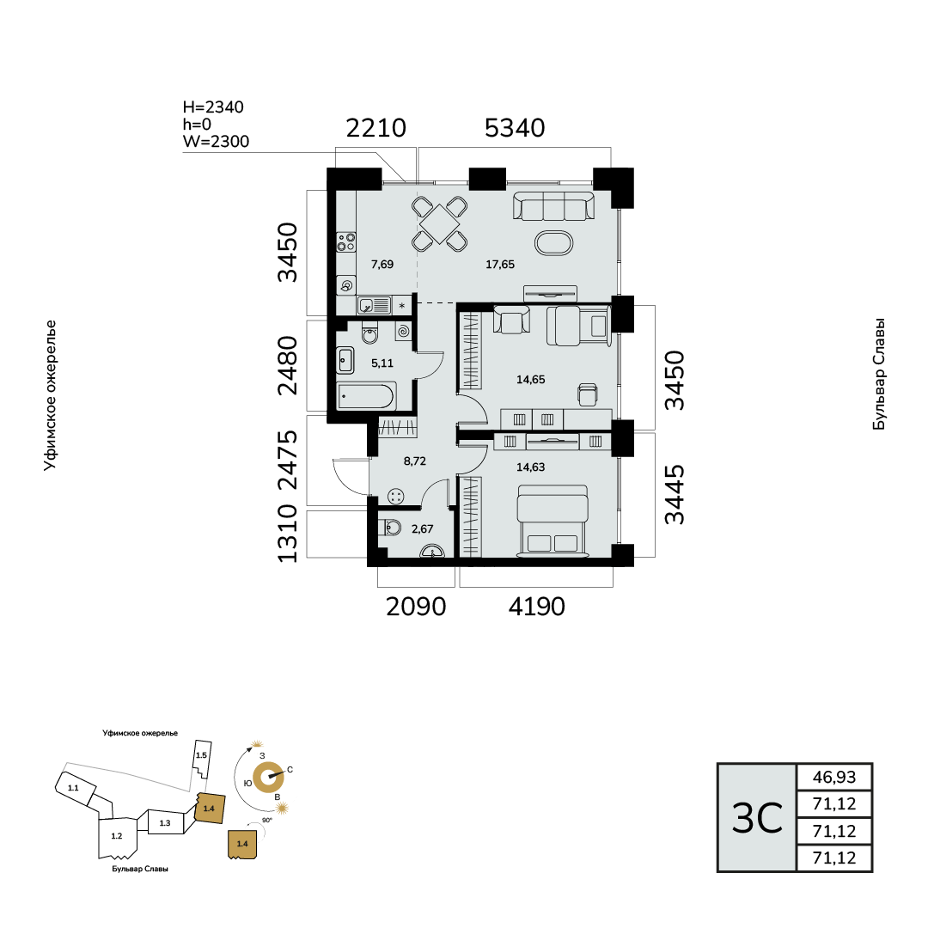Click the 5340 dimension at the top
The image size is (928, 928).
[515, 128]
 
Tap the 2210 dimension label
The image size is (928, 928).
[375, 128]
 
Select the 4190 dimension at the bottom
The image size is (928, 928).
[537, 607]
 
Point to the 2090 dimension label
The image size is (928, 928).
[416, 607]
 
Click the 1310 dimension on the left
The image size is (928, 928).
[288, 534]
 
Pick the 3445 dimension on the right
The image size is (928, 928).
[675, 495]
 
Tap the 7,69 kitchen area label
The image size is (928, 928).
[382, 265]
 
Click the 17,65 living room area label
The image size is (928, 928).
[500, 265]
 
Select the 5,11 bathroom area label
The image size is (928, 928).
[382, 363]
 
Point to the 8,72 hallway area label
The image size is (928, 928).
[415, 461]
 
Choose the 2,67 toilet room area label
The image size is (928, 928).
[423, 529]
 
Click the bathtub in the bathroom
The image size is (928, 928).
[366, 396]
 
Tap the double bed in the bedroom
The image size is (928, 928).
[553, 521]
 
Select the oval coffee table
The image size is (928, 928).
[554, 242]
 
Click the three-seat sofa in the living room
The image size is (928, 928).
[554, 205]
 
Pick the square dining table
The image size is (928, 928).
[440, 223]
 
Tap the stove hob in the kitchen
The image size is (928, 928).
[346, 242]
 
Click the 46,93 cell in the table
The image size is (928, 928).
[834, 777]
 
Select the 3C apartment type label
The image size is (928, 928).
[757, 819]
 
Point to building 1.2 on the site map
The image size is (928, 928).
[117, 836]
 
